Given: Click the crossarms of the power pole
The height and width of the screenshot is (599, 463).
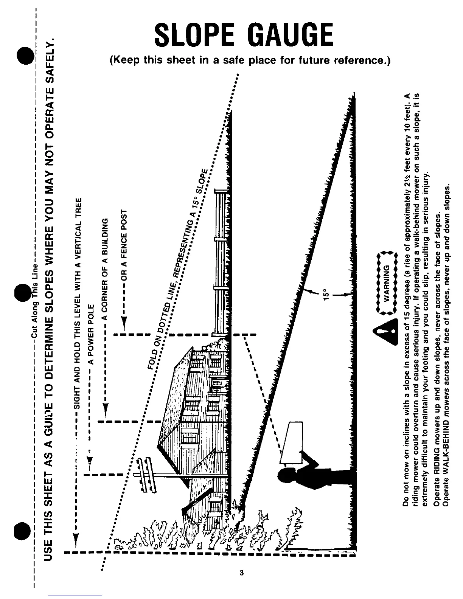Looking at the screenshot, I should (145, 475).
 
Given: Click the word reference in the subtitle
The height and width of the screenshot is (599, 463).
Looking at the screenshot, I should (360, 61).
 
